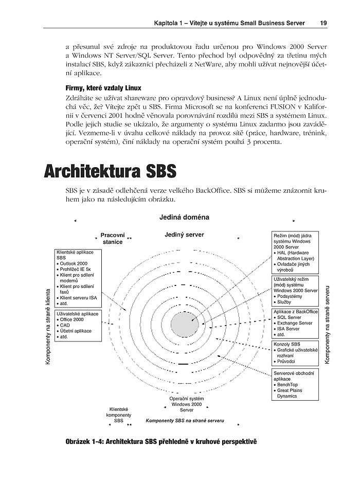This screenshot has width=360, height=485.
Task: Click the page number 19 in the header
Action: pos(323,23)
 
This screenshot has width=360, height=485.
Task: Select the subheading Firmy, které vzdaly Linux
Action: pos(103,88)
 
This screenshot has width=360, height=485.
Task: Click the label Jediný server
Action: pos(184,235)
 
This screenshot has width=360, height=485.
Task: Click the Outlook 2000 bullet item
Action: pos(78,263)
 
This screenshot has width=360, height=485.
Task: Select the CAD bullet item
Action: pos(65,325)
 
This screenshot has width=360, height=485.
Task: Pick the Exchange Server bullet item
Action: pos(295,323)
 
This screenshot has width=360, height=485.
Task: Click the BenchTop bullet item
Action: pos(290,385)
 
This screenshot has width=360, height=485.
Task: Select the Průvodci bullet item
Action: pos(288,361)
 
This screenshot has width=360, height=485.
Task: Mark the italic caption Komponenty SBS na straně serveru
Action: pos(185,420)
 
